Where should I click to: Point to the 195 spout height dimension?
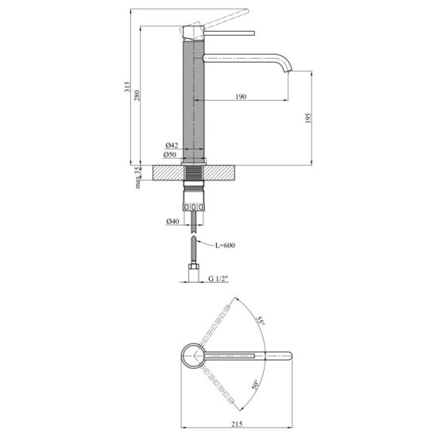tap(309, 118)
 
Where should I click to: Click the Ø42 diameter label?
tap(171, 145)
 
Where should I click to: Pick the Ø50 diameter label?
tap(171, 154)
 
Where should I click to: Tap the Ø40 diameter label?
tap(171, 221)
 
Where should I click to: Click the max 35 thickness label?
tap(137, 177)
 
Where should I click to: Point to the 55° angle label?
tap(260, 322)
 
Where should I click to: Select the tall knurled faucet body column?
tap(194, 103)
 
